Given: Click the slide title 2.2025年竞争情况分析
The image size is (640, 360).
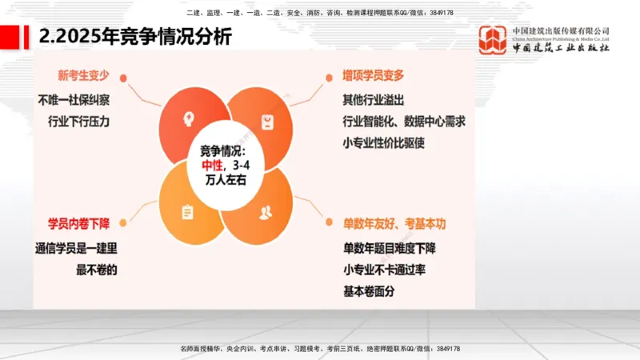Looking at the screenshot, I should point(136,37).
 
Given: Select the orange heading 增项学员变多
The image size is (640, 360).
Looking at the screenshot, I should point(374,76).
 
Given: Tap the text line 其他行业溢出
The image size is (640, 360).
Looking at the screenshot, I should point(373,101).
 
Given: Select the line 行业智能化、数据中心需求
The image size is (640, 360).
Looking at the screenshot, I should point(404,122).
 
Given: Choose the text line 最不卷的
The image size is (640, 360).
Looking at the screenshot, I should point(97,270).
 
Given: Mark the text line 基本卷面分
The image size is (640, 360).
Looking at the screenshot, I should point(368,291).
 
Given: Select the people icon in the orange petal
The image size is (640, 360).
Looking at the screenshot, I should point(266,212).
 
